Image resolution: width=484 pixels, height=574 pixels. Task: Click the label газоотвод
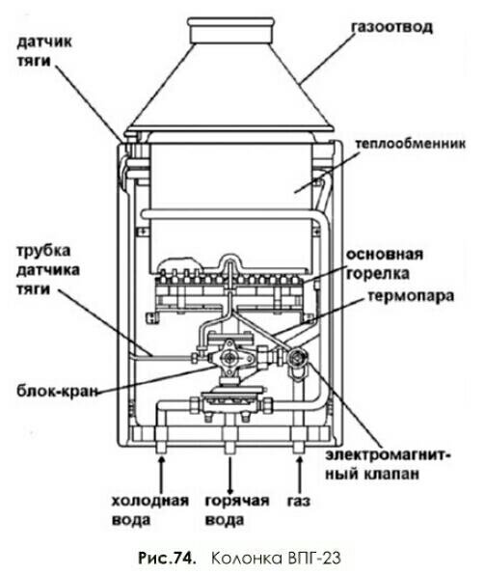(x=391, y=27)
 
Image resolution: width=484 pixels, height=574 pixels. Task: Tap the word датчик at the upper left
(x=44, y=42)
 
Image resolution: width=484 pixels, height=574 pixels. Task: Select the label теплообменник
(x=411, y=143)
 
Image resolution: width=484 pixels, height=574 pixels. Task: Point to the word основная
(x=385, y=254)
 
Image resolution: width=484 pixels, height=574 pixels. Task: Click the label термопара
(x=411, y=295)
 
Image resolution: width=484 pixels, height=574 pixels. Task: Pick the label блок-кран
(x=58, y=391)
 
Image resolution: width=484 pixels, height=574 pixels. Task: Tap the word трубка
(x=43, y=251)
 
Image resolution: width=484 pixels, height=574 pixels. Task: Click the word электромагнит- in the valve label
(x=388, y=455)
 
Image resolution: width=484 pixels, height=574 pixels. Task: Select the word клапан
(x=391, y=475)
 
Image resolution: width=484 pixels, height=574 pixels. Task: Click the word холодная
(x=150, y=501)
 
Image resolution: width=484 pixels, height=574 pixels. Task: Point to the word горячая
(x=237, y=501)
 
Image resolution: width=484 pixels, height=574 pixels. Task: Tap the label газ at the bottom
(x=299, y=501)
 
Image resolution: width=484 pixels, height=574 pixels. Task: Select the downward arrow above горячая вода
(x=230, y=475)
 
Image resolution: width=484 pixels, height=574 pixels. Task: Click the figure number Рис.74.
(x=167, y=559)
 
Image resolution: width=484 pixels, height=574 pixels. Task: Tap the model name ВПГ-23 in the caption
(x=315, y=559)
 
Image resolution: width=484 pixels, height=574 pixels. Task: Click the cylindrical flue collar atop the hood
(x=230, y=30)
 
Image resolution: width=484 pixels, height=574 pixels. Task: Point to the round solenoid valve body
(x=298, y=356)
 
